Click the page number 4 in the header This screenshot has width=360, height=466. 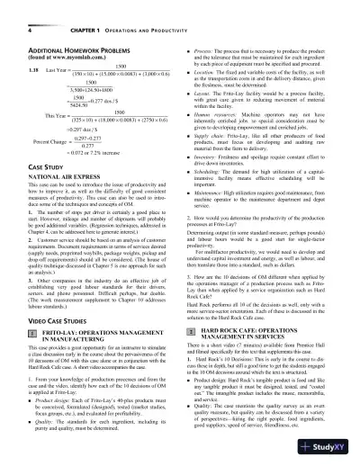coord(19,13)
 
